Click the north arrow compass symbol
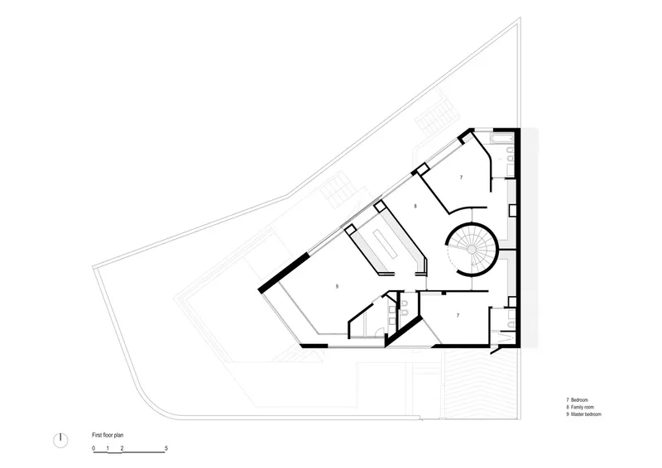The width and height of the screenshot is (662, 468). (60, 440)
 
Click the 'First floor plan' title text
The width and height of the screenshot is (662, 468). (108, 435)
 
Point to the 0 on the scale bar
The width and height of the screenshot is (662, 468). (94, 448)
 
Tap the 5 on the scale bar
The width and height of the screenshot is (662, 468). (166, 448)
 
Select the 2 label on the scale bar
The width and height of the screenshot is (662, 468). (122, 448)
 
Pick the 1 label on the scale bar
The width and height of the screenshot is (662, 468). (108, 448)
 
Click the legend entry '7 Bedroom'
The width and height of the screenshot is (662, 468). (577, 399)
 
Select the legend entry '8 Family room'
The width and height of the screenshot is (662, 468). (580, 408)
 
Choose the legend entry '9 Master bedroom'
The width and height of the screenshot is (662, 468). (584, 414)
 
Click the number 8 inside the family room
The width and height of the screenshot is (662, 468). (415, 207)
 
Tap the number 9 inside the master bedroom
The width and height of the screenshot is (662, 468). (337, 287)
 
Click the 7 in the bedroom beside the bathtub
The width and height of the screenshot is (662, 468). (461, 178)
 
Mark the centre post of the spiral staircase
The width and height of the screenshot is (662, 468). (472, 250)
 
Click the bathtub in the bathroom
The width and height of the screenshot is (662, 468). (501, 139)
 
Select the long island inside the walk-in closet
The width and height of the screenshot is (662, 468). (385, 244)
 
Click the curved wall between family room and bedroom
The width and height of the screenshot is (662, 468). (466, 208)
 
